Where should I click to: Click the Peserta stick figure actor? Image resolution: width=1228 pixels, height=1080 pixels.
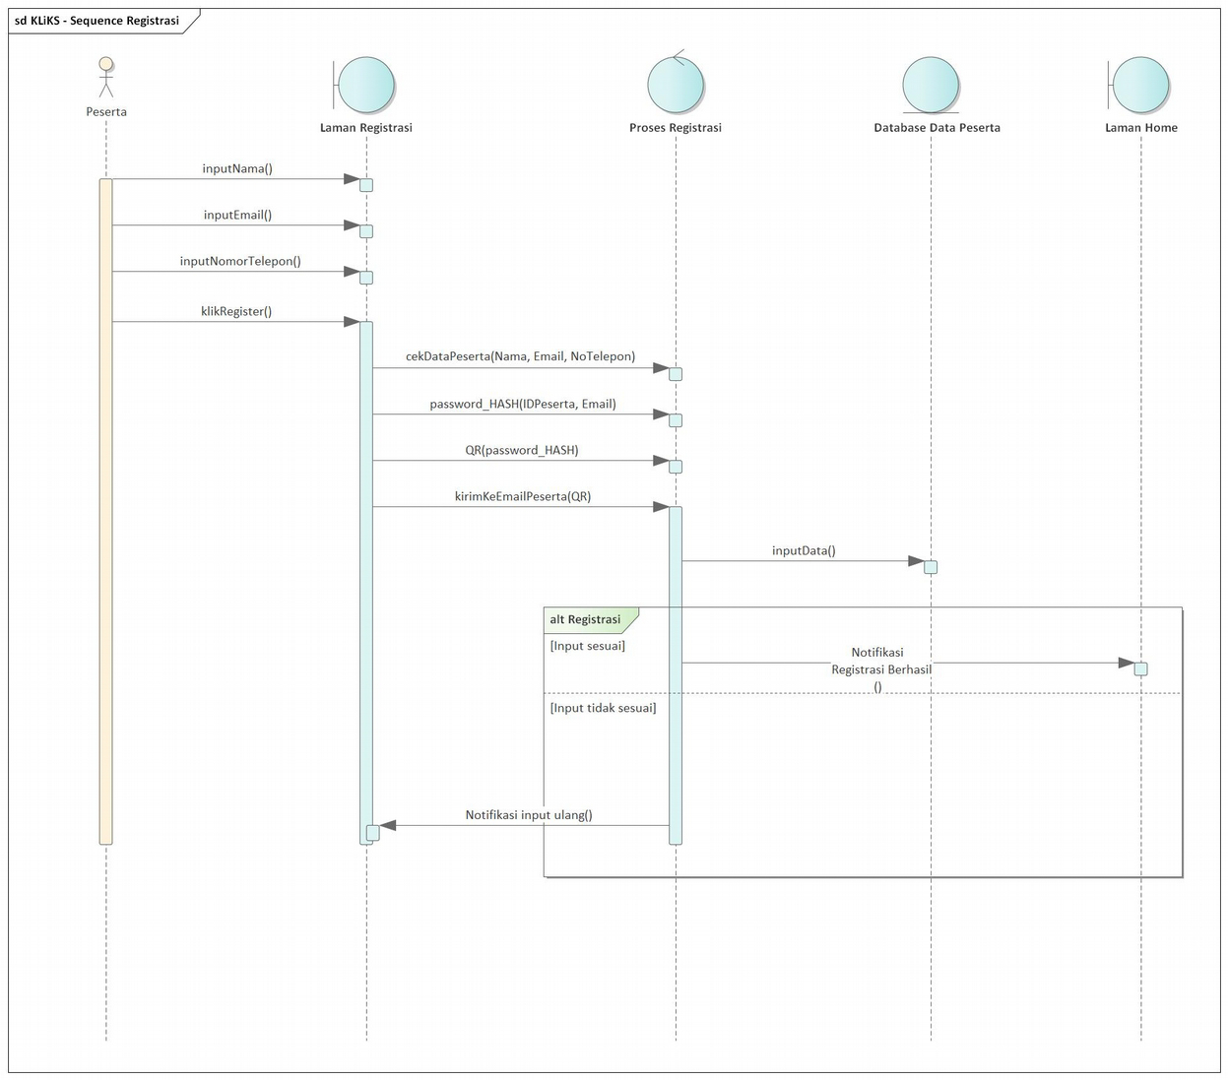pos(105,78)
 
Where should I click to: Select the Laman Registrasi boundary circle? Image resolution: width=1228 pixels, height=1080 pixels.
pos(365,86)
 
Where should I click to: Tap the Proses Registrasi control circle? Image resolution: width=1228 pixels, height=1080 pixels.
pos(676,85)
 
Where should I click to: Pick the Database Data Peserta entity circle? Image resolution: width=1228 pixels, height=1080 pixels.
pos(931,85)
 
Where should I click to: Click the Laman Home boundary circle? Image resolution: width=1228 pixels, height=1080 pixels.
pos(1140,86)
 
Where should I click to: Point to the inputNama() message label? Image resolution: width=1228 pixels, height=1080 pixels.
pos(237,168)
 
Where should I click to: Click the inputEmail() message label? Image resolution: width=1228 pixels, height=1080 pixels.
pos(237,215)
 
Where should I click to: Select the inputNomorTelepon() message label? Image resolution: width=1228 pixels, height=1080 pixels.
pos(240,261)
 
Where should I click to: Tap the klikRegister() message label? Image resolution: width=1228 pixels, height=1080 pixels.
pos(236,311)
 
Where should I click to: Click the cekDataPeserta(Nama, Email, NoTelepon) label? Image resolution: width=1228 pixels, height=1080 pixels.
pos(520,356)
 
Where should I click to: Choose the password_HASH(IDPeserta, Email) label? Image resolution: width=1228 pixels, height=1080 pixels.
pos(522,404)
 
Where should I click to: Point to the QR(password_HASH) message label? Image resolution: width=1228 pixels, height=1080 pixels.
pos(522,450)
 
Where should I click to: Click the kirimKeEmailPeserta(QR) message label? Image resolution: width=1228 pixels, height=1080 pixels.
pos(523,496)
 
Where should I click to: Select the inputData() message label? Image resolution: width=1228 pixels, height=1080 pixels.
pos(804,550)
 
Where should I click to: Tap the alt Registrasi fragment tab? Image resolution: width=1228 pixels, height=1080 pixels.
pos(586,619)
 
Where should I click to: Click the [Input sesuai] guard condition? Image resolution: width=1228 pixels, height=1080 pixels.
pos(588,646)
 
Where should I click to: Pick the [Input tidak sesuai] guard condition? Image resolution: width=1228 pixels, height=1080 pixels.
pos(603,708)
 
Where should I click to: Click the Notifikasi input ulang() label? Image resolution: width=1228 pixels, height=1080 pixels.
pos(529,814)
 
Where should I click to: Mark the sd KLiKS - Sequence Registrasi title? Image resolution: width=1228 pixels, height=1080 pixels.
pos(97,21)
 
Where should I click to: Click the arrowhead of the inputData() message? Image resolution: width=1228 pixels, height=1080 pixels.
pos(916,561)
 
